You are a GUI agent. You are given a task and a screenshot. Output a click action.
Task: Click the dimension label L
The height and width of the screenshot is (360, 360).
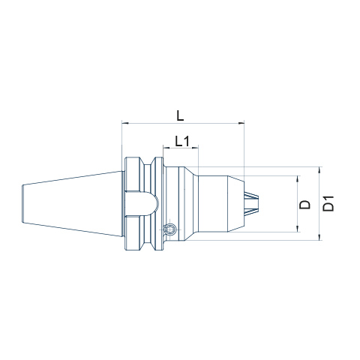pos(180,115)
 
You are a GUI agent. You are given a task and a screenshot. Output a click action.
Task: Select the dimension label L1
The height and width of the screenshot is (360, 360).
pos(182,141)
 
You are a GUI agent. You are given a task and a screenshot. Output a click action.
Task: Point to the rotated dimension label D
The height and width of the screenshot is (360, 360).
pos(305,205)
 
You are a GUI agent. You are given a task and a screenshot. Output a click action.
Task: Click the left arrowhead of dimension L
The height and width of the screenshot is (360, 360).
pos(125,123)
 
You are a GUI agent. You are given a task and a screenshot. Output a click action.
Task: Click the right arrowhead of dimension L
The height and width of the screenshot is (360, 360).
pos(241,123)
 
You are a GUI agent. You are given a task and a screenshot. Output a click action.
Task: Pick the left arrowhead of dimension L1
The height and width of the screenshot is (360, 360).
pos(166,148)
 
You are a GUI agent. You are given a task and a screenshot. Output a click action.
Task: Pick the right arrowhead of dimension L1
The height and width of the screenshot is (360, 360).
pos(195,148)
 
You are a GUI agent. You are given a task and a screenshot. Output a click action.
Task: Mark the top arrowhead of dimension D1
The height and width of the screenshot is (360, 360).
pos(319,170)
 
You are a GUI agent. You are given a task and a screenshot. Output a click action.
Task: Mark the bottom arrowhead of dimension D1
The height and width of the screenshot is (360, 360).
pos(319,237)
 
